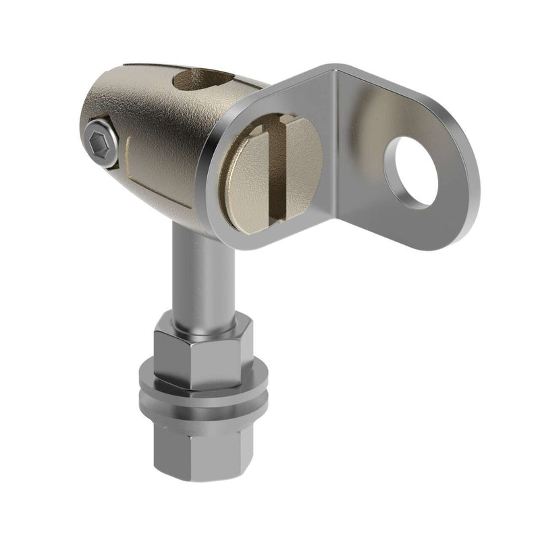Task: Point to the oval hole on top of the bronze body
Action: pos(202,82)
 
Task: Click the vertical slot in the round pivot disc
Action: pos(278,172)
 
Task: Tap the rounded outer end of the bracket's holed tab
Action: pos(466,182)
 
